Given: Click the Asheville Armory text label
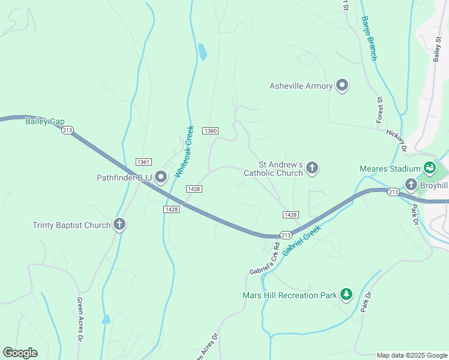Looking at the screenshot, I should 301,86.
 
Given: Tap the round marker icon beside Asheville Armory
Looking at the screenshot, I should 342,86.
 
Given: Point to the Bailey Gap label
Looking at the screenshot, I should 44,121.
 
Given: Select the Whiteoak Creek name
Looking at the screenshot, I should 184,151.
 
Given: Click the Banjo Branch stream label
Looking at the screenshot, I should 369,38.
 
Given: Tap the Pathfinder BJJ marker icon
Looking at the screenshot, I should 161,177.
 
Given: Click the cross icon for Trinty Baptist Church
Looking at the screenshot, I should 119,225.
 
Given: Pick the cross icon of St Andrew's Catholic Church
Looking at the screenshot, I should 312,168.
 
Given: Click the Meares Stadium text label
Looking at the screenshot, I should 390,169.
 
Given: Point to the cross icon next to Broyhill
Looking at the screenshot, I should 411,185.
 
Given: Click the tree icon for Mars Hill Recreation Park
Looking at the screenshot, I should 346,295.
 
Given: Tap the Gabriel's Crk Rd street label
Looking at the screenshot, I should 265,259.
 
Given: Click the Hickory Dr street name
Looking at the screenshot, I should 397,140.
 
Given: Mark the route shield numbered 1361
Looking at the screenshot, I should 143,162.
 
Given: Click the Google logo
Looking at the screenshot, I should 20,353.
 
